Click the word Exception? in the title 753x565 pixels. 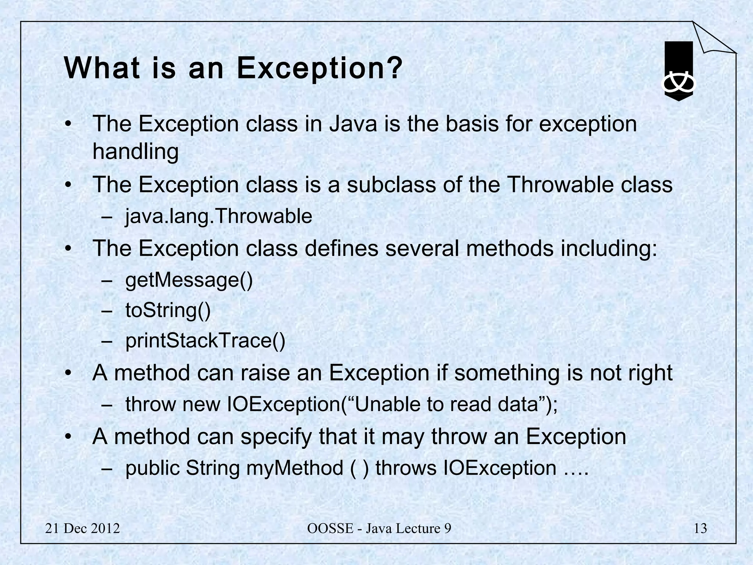[319, 68]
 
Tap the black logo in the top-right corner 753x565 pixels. [679, 72]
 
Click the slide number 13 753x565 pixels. [700, 529]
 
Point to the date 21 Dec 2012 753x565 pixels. [82, 529]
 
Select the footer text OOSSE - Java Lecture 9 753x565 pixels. [379, 529]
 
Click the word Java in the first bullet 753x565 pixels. [353, 124]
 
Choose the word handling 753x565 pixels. [135, 152]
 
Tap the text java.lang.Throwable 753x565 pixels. [219, 216]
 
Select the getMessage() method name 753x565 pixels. [189, 280]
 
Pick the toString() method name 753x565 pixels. [168, 310]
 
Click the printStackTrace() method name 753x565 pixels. [205, 341]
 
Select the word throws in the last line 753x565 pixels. [406, 468]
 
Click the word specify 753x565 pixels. [276, 437]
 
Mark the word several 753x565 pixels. [422, 248]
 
